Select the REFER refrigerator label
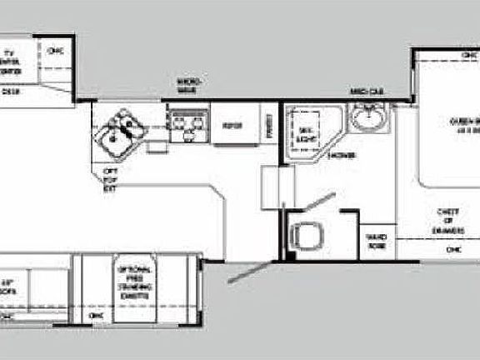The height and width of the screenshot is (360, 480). [232, 125]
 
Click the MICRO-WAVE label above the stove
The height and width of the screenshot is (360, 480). [189, 83]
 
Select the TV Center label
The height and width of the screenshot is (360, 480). [11, 62]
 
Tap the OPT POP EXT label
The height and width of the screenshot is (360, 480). [109, 177]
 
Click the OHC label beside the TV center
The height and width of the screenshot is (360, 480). [56, 51]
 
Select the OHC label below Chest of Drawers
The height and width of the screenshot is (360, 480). [453, 249]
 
